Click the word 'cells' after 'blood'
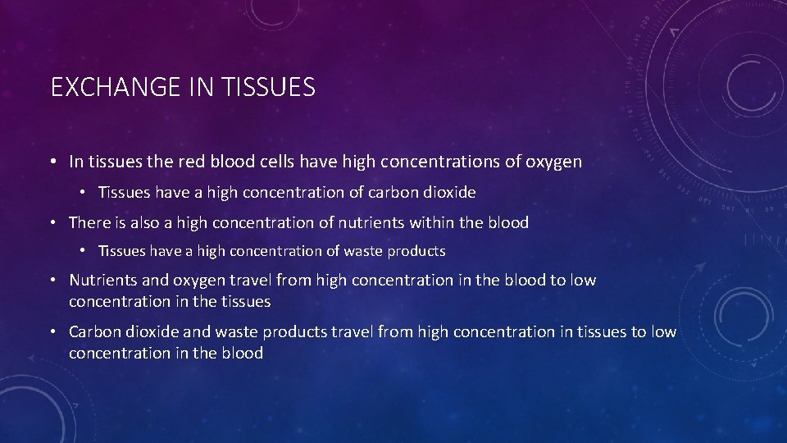(x=275, y=162)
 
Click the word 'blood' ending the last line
(x=243, y=354)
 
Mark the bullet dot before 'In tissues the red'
(x=52, y=162)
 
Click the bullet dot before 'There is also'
(x=52, y=223)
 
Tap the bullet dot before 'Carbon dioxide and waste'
(x=52, y=333)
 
